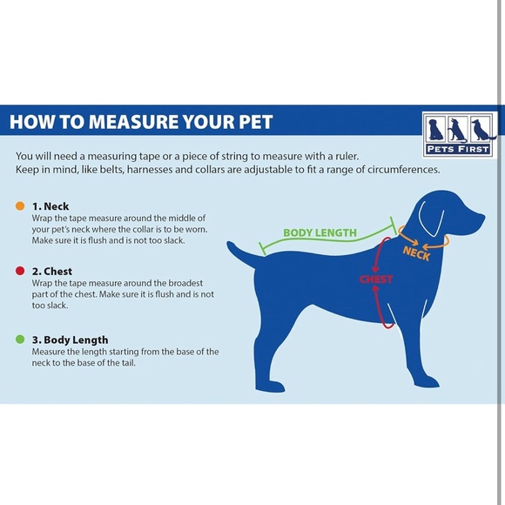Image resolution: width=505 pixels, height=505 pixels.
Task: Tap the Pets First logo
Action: [x=458, y=134]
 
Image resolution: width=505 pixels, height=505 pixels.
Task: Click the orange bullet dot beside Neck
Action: [x=20, y=206]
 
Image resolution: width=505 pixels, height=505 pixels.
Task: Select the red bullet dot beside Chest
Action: [x=20, y=272]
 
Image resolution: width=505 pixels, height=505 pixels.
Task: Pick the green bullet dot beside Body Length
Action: [x=20, y=340]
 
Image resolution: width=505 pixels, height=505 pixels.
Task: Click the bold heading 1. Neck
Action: [x=50, y=206]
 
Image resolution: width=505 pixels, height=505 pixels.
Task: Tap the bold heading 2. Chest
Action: [x=52, y=272]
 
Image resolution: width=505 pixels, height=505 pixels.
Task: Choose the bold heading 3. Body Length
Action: [x=70, y=340]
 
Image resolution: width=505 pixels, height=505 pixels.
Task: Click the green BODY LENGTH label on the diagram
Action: [x=320, y=232]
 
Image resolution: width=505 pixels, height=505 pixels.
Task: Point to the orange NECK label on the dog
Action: [x=416, y=252]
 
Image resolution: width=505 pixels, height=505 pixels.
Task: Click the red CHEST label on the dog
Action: [x=376, y=279]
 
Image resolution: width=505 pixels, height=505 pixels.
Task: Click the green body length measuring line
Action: [x=322, y=244]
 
